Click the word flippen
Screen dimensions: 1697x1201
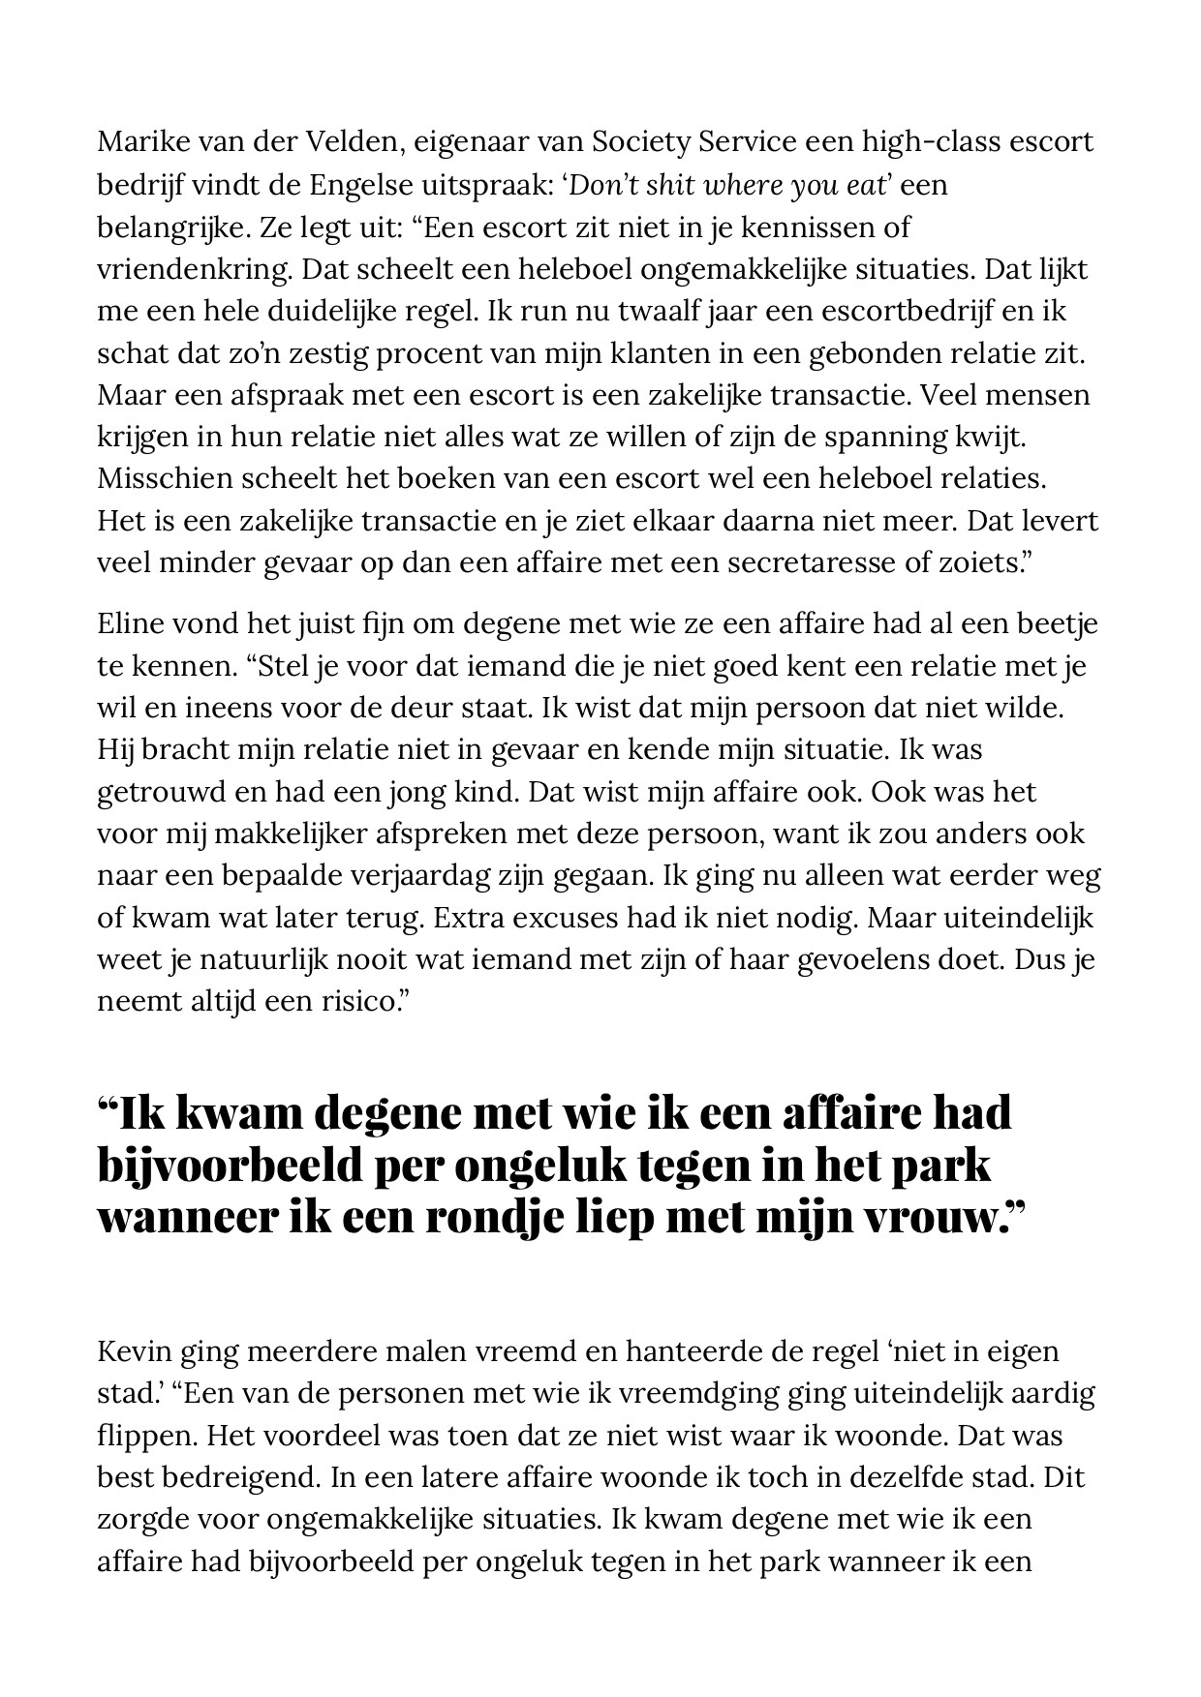tap(145, 1435)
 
